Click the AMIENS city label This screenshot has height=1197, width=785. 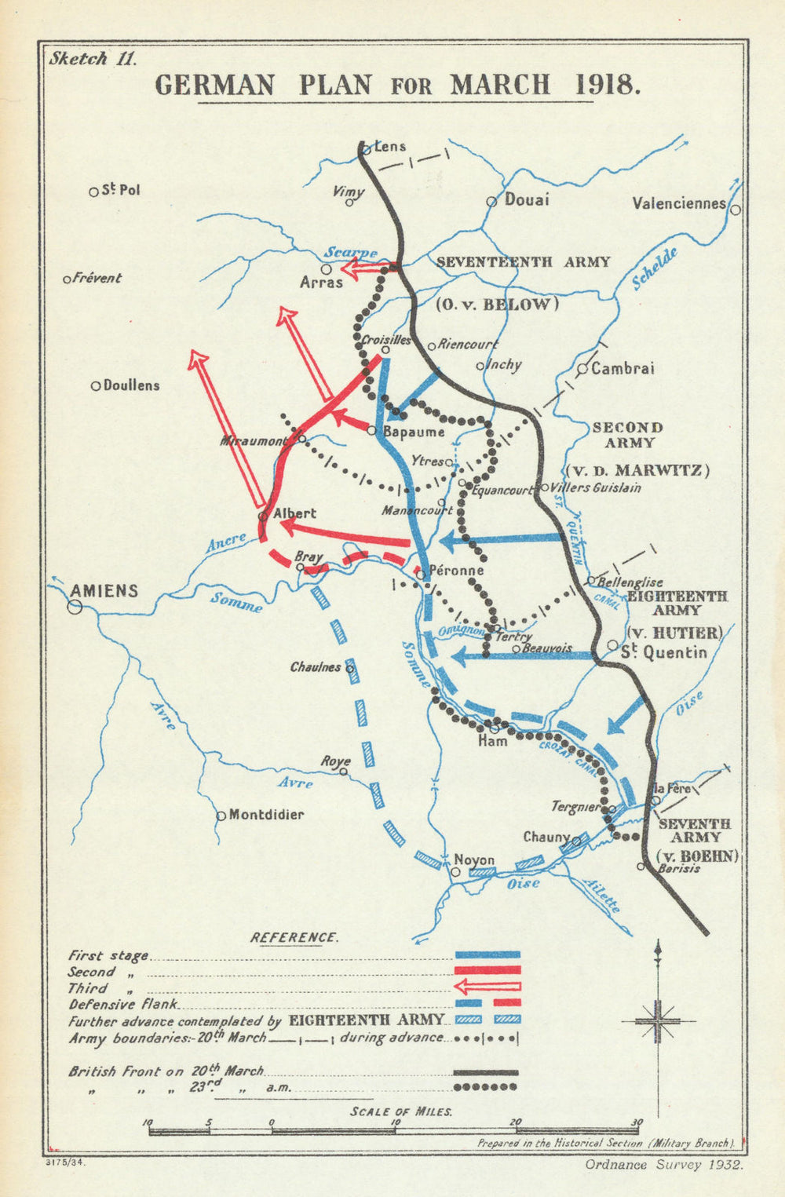pos(104,590)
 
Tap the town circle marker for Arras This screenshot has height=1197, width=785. pos(326,269)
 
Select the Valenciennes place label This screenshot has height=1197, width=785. pos(679,203)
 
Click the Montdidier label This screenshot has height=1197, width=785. pos(265,815)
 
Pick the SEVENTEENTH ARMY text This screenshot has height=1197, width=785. pos(523,262)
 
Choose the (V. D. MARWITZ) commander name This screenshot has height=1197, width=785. pos(637,470)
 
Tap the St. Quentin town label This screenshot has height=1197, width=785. pos(663,651)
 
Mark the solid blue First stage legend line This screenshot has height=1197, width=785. pos(487,954)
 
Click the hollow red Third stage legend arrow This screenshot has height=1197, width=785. pos(487,987)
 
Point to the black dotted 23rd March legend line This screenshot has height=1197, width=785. pos(485,1087)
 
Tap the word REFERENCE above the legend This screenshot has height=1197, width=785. pos(294,937)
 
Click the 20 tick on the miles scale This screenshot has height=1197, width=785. pos(516,1122)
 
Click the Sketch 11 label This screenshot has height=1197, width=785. pos(93,58)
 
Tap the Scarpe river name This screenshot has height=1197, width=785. pos(351,252)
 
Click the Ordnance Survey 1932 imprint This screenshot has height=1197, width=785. pos(664,1164)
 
